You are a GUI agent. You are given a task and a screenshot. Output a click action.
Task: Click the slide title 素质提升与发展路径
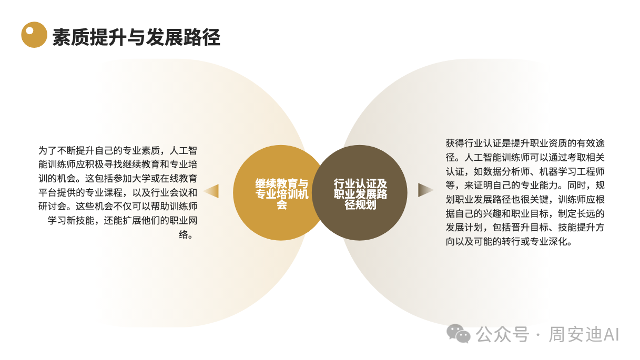click(136, 37)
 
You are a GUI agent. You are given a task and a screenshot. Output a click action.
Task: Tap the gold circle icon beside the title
click(34, 35)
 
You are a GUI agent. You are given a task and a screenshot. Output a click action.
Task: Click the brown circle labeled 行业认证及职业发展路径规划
click(360, 193)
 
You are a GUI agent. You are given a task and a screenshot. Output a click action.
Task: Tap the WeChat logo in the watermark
click(459, 333)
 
